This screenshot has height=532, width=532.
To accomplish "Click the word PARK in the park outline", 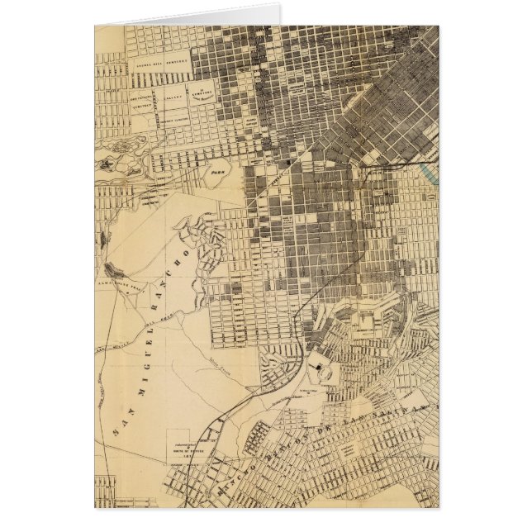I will (x=218, y=174).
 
